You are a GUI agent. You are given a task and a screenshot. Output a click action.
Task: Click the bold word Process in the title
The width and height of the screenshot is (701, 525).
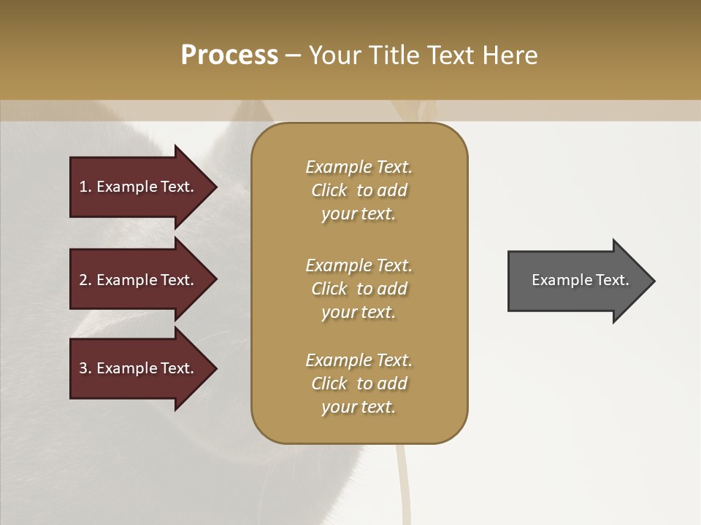[229, 55]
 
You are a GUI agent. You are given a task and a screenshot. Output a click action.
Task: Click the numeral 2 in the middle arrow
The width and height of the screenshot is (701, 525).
[83, 280]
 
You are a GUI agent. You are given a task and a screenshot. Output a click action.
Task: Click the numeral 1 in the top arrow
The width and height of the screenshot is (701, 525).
[83, 187]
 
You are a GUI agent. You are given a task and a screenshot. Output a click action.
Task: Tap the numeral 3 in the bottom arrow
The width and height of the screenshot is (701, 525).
[83, 368]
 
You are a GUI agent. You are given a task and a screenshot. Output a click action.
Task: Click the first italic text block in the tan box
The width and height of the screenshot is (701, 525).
[359, 190]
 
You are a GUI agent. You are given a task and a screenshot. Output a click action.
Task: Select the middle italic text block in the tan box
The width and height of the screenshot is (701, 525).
[359, 289]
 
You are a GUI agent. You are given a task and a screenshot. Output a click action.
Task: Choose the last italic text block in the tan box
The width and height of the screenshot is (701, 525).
[359, 384]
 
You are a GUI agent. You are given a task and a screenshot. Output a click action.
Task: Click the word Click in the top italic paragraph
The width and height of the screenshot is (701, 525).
[329, 191]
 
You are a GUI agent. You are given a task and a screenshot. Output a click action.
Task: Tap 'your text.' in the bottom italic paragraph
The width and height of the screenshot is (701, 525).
[359, 407]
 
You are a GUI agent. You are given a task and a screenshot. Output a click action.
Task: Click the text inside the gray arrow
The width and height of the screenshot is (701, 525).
[580, 280]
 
